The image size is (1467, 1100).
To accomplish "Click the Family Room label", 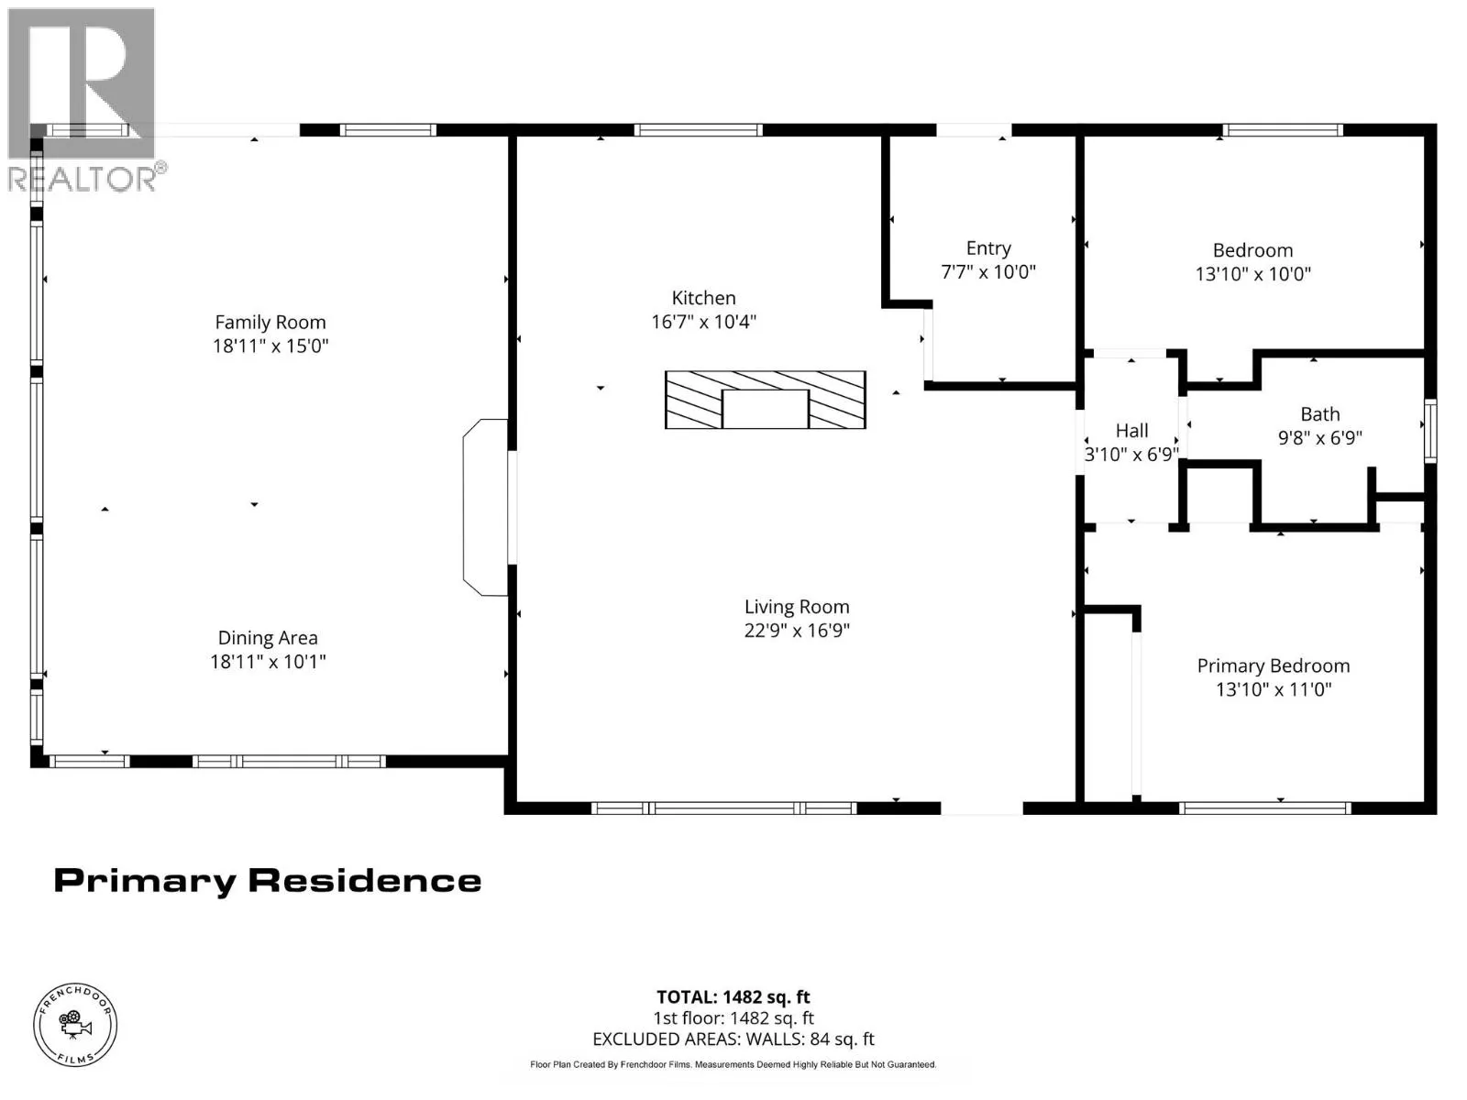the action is [270, 322].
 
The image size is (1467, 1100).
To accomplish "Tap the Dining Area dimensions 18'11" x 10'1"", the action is [268, 661].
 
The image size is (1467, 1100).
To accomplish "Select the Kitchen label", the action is [703, 298].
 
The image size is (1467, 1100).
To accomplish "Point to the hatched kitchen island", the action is [766, 400].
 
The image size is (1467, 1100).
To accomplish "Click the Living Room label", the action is [797, 607].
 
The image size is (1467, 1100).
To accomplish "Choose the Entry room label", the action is [987, 248].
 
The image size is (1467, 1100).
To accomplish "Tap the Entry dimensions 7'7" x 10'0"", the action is [987, 272].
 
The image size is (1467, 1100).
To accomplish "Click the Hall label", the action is [1131, 431].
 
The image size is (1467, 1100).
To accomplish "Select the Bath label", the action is [1320, 414].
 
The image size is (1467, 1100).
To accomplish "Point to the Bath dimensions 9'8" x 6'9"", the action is [1320, 437].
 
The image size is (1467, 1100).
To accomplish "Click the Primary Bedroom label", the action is [1274, 665].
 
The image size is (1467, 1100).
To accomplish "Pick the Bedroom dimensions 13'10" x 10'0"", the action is [1253, 274].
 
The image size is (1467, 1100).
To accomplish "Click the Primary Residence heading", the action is [268, 880].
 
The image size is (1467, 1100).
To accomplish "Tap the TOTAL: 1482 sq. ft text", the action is [733, 997].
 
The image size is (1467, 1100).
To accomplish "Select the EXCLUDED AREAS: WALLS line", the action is [733, 1039].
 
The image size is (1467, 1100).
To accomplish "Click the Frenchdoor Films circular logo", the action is [75, 1025].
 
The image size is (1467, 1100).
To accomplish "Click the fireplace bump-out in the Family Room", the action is [485, 507].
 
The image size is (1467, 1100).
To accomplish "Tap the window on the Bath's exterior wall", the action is [1429, 431].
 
